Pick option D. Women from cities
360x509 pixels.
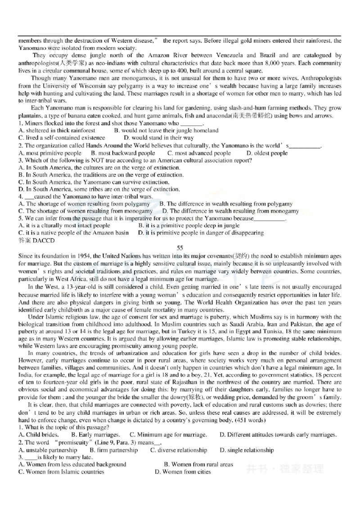(182, 472)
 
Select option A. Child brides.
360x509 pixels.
(38, 435)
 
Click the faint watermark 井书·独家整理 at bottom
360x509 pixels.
(284, 469)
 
